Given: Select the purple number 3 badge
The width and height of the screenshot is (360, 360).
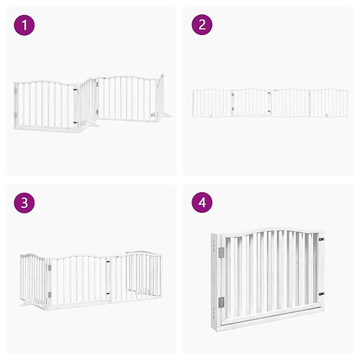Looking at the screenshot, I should click(x=24, y=203).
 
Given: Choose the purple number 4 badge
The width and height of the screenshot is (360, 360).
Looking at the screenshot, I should click(x=202, y=203).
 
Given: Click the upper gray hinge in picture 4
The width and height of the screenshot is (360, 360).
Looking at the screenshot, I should click(x=220, y=252).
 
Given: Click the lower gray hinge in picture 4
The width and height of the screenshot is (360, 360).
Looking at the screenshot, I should click(x=220, y=302).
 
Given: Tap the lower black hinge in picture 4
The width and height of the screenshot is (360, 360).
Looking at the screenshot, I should click(x=321, y=293).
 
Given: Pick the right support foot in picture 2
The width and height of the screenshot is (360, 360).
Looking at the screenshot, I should click(x=326, y=115).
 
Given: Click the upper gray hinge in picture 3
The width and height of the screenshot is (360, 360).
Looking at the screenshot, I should click(x=49, y=267).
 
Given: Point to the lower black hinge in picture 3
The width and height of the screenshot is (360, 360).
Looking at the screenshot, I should click(x=109, y=295).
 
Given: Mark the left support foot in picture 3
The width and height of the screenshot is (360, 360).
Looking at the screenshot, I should click(x=26, y=305).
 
